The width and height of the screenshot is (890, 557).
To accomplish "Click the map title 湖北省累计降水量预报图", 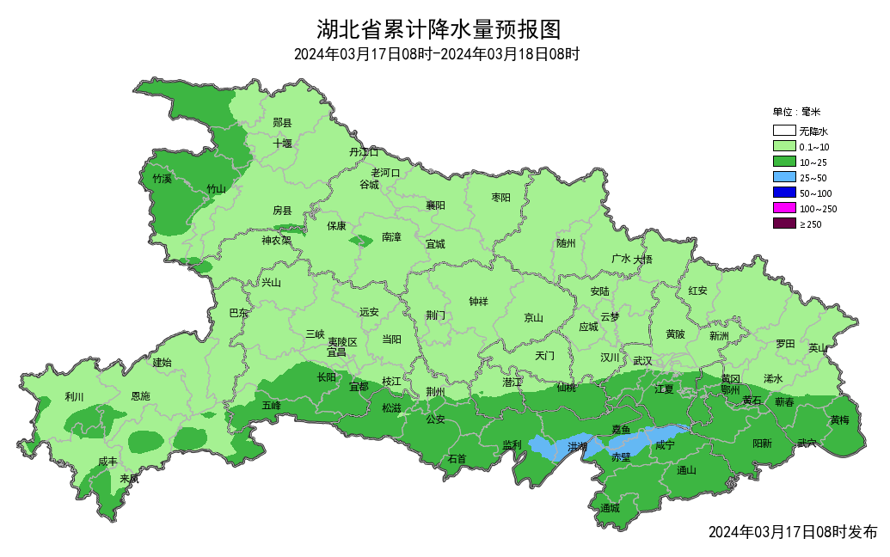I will [439, 30].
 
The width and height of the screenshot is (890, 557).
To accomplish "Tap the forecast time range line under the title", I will [436, 55].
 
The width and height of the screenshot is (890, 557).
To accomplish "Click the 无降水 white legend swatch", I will [783, 132].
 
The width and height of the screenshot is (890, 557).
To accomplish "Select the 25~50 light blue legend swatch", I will [783, 177].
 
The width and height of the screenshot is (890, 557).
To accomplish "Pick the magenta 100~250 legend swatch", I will [783, 208].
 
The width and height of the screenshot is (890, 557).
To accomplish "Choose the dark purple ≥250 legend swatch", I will [783, 223].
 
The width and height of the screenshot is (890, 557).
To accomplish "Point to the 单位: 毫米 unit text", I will [796, 112].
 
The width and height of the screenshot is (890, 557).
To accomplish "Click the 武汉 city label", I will [641, 360].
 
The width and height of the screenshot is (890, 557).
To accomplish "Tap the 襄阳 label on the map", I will [436, 205].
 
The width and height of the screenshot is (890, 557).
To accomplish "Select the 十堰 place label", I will [283, 144].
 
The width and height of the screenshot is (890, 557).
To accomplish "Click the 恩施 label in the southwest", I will [139, 396].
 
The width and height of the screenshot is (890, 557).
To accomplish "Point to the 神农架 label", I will [276, 241].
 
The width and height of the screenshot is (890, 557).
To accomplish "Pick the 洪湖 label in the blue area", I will [578, 447].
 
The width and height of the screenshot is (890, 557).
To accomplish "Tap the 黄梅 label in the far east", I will [839, 420].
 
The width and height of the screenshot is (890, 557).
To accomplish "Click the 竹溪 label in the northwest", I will [162, 179].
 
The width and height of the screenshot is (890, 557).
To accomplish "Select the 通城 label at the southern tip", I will [610, 508].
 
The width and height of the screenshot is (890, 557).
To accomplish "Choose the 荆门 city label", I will [436, 315].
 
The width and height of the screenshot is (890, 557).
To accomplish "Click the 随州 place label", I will [565, 243].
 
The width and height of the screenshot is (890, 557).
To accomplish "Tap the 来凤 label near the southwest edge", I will [130, 479].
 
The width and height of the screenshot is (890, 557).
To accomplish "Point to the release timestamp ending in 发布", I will [793, 532].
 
